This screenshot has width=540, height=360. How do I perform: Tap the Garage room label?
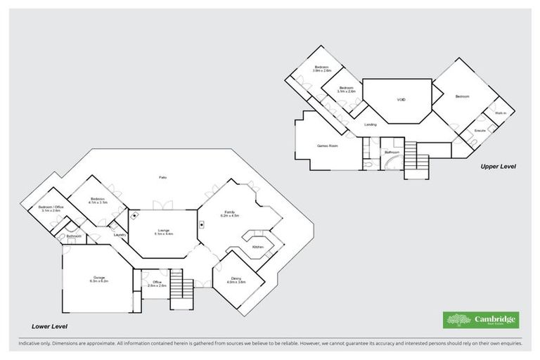click(x=98, y=280)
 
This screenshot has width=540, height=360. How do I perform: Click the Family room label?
click(x=229, y=214)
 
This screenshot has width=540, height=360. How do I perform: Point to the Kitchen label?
click(x=258, y=247)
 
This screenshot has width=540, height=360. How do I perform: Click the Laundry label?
click(x=119, y=235)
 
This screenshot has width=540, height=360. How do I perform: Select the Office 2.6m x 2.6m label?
click(x=157, y=283)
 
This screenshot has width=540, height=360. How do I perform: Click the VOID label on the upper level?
click(x=401, y=100)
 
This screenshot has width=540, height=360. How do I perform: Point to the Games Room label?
click(x=328, y=146)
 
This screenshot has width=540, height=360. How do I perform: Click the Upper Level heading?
click(x=499, y=167)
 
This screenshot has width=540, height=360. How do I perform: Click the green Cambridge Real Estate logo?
click(x=480, y=320)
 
